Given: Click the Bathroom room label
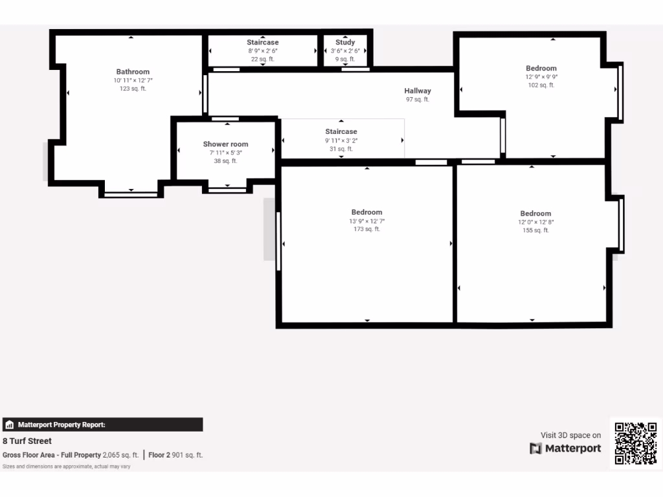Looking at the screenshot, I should pos(133,72).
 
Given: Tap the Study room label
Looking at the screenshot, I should pos(344,43).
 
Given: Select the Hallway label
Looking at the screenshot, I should pos(418,91).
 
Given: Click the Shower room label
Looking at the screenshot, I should pos(225,144).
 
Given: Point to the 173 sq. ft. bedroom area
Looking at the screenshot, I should pos(366,229).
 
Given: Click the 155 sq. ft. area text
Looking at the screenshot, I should pos(535,230).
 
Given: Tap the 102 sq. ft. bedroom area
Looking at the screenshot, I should pos(541,85).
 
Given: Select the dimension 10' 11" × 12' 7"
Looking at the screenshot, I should pos(133,80).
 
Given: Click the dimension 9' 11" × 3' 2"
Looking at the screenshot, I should pos(341,140).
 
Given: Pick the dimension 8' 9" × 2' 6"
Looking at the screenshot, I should pos(262,51).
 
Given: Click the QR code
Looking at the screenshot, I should pos(635,443).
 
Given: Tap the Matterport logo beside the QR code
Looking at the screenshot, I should pos(565,448).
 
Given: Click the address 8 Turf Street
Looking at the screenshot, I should pos(27,441).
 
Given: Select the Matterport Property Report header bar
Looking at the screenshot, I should pos(102,425).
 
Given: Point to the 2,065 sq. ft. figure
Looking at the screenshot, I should pos(120,455).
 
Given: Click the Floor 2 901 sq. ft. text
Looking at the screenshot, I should pos(175,455).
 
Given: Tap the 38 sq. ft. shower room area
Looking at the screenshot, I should pos(225,161).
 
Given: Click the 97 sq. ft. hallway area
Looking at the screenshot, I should pos(418,100).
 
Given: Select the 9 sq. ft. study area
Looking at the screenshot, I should pos(344,60).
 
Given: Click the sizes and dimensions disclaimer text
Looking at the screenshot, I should pos(67,466).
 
